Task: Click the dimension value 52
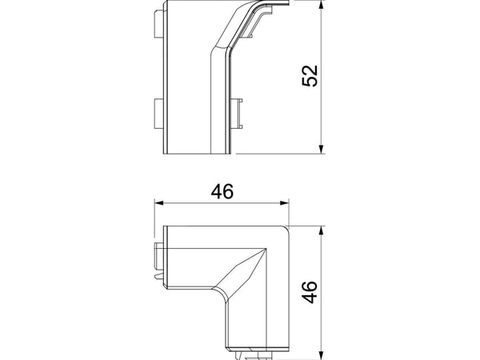pos(310,76)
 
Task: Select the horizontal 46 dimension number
pos(222,191)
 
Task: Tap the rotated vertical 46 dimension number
pos(310,292)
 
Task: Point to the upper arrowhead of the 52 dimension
pos(321,4)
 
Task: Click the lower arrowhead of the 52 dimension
pos(321,149)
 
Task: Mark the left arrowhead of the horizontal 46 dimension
pos(159,202)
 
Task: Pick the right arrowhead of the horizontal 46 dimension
pos(284,202)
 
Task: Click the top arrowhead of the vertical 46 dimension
pos(321,231)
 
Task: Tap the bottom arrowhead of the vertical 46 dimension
pos(321,356)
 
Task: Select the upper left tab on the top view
pos(158,24)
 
